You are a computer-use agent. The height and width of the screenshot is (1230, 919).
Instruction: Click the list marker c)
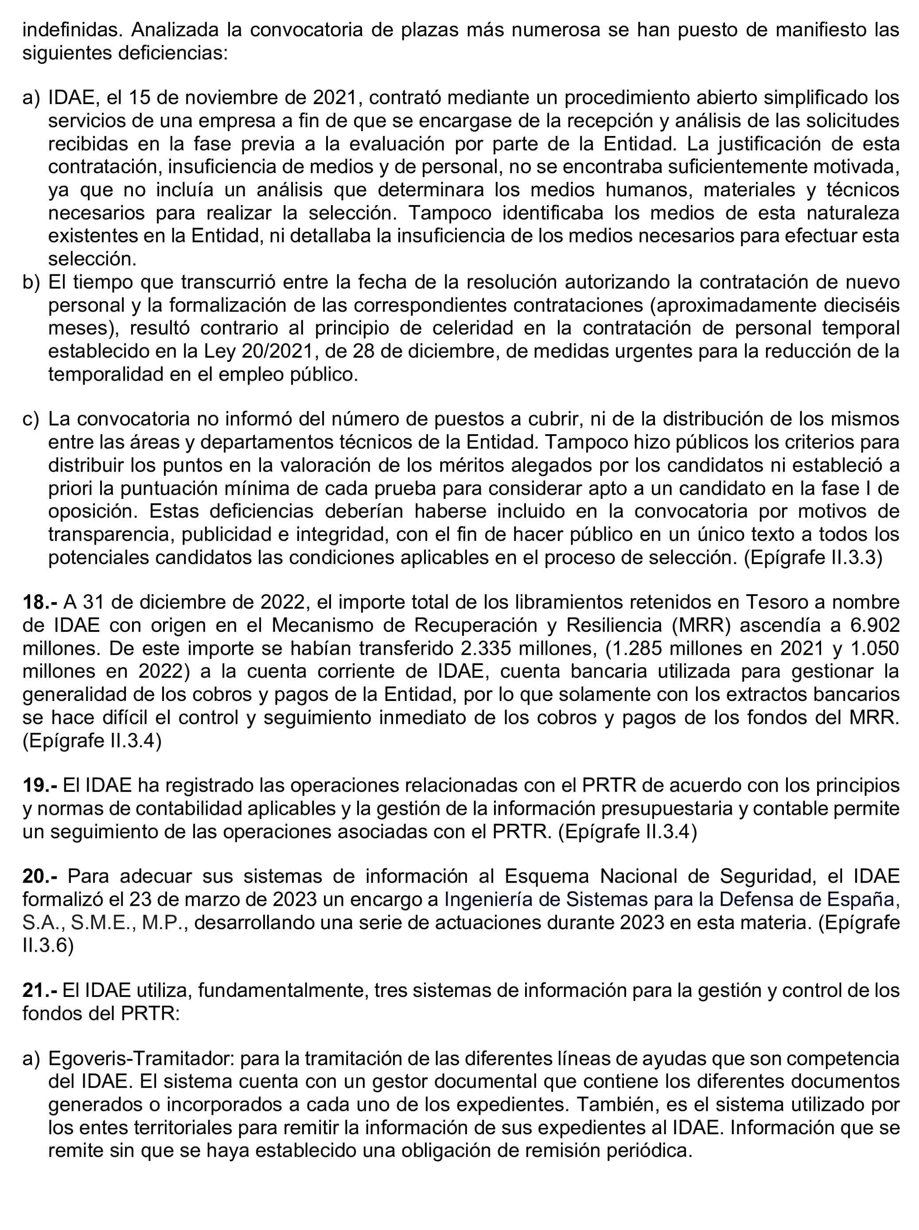tap(31, 419)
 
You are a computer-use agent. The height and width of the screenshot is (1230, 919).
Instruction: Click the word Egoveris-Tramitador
tap(142, 1058)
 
